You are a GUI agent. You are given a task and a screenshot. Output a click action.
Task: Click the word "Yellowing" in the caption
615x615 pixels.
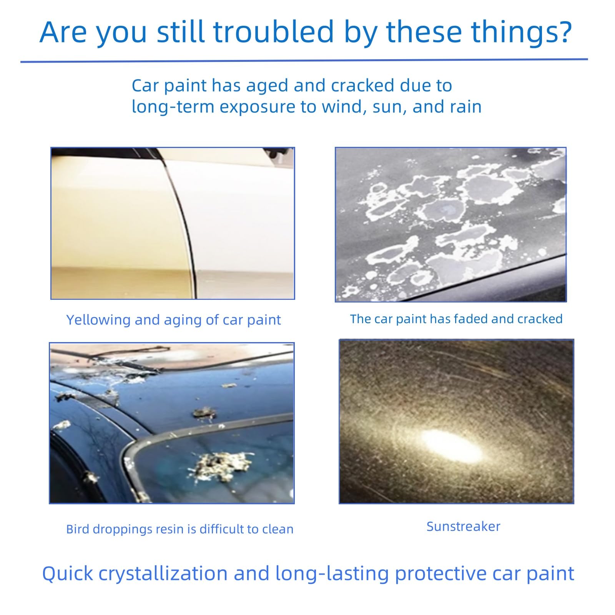(x=98, y=320)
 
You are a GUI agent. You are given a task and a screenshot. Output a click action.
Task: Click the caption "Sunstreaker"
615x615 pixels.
(x=464, y=526)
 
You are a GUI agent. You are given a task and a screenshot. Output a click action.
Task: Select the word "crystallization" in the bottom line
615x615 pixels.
(x=163, y=574)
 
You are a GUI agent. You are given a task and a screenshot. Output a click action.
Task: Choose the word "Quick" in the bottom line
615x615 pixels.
(x=68, y=574)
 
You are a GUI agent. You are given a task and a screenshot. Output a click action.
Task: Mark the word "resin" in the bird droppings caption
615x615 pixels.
(x=170, y=529)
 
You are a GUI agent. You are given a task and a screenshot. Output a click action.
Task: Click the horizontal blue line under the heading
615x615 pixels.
(x=304, y=60)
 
